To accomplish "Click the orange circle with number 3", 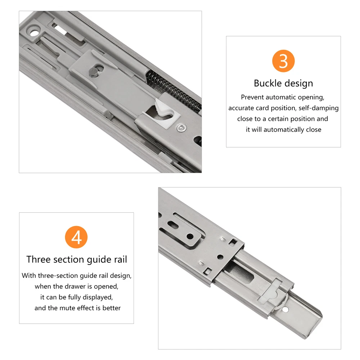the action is (283, 61).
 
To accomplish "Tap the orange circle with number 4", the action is (76, 237).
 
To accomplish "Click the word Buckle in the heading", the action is (267, 83).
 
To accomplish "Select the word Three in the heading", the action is (39, 260).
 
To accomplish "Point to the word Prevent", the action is (252, 97).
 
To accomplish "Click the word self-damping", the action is (319, 108).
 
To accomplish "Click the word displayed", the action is (98, 297).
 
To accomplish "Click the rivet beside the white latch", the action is (181, 128).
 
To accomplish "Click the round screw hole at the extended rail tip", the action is (285, 310).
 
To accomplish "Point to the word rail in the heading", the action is (120, 260).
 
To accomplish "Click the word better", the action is (112, 308).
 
